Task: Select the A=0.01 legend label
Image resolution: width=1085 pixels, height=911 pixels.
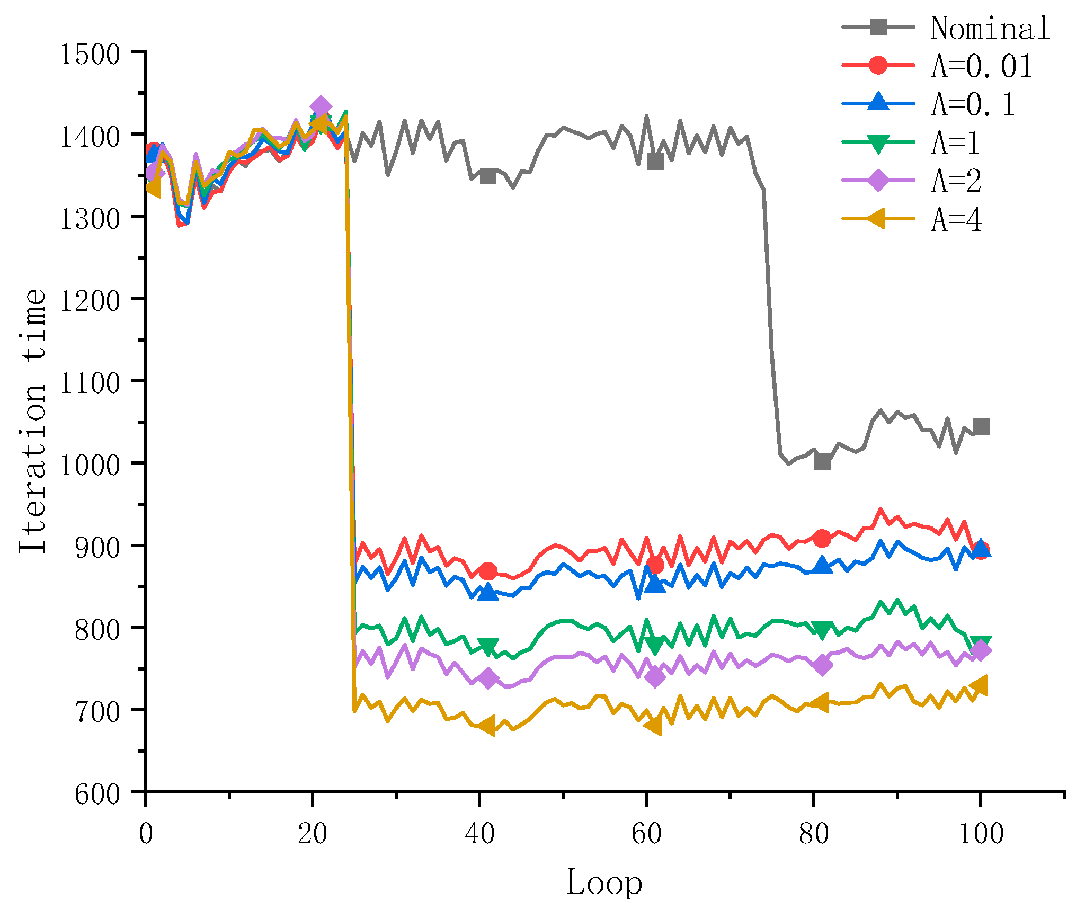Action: point(982,66)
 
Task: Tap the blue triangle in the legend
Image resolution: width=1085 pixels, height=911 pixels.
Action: point(878,103)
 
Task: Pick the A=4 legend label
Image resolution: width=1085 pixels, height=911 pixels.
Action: point(957,220)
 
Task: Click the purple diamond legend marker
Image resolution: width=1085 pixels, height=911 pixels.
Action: point(878,180)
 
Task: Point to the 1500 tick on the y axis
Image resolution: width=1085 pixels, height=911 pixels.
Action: point(90,55)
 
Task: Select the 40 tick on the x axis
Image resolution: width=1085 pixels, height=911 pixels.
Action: point(479,834)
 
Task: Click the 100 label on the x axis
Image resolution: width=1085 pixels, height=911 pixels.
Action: point(981,834)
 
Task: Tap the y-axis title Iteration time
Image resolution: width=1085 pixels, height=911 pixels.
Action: point(33,421)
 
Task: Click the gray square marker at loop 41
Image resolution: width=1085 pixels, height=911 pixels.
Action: point(488,176)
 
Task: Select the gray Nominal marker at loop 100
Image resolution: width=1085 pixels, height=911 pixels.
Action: point(981,427)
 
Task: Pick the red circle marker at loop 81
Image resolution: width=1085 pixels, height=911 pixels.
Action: point(822,539)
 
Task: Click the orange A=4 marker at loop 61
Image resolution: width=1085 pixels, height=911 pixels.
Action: point(654,725)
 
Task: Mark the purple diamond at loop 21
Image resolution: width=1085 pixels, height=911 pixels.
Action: point(321,107)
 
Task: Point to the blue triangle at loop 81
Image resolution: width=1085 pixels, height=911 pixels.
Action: point(822,565)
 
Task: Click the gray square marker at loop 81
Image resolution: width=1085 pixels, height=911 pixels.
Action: point(822,461)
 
